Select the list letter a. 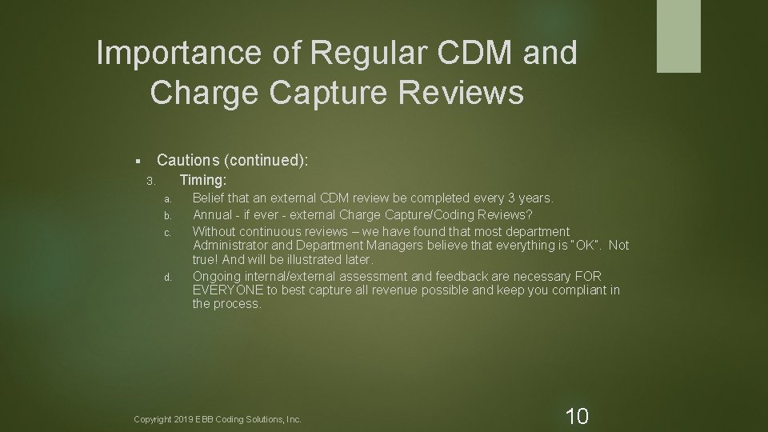pyautogui.click(x=167, y=199)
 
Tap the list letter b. pyautogui.click(x=167, y=216)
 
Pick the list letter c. pyautogui.click(x=167, y=234)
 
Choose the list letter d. pyautogui.click(x=167, y=278)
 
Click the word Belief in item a pyautogui.click(x=209, y=198)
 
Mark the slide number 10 pyautogui.click(x=576, y=416)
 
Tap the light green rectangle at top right pyautogui.click(x=678, y=36)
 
